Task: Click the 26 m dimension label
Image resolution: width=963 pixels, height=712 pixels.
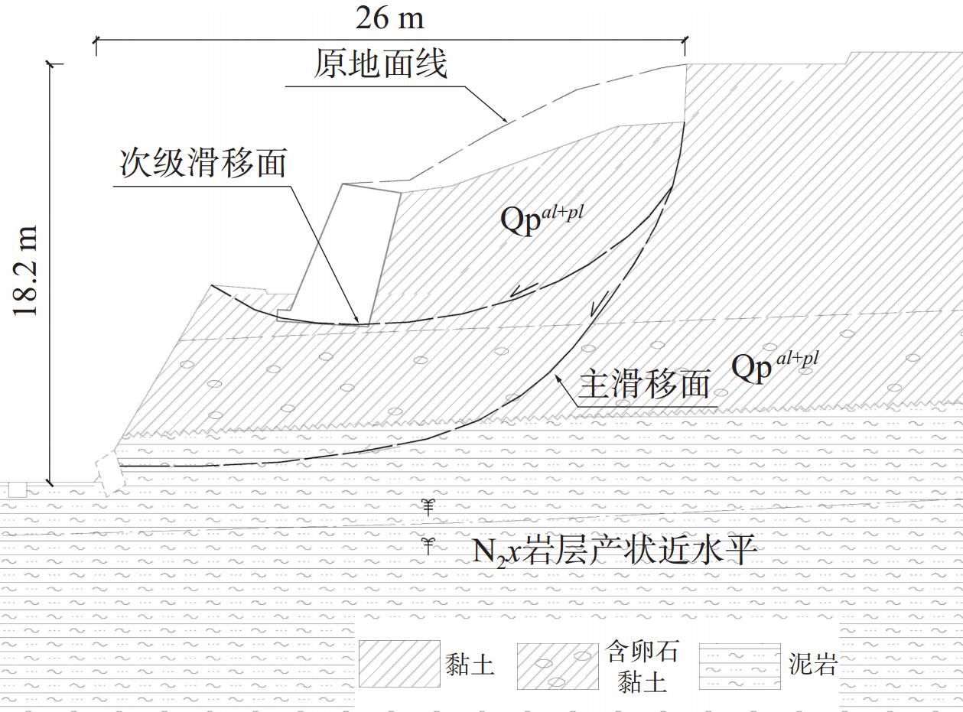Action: coord(389,17)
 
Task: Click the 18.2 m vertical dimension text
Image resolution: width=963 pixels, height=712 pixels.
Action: coord(28,271)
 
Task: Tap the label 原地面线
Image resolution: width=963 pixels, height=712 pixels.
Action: coord(380,64)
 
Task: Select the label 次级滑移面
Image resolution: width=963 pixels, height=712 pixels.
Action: coord(203,162)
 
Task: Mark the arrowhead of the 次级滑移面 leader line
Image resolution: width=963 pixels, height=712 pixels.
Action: coord(357,321)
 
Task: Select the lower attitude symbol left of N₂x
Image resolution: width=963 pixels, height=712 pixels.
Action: coord(429,545)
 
